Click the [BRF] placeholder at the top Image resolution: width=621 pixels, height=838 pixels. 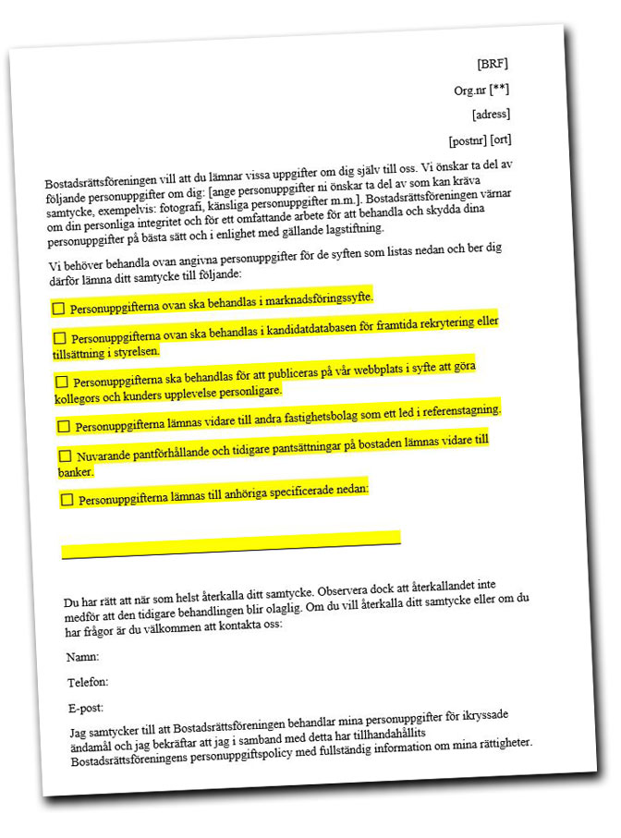point(493,64)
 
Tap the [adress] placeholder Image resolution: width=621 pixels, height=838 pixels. point(491,115)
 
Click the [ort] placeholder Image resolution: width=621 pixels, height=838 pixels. point(501,140)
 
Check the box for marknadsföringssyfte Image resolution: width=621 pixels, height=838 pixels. point(59,308)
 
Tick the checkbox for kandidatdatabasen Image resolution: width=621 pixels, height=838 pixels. point(60,338)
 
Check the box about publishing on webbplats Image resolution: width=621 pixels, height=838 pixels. point(62,381)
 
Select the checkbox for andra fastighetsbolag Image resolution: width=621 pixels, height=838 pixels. point(64,426)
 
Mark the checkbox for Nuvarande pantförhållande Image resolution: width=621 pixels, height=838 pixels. point(65,455)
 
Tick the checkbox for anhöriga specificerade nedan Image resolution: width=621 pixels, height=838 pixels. point(67,500)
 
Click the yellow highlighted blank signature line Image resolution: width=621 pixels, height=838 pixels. point(231,544)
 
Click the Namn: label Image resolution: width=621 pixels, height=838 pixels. point(82,657)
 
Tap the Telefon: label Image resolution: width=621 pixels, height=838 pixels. point(88,683)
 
